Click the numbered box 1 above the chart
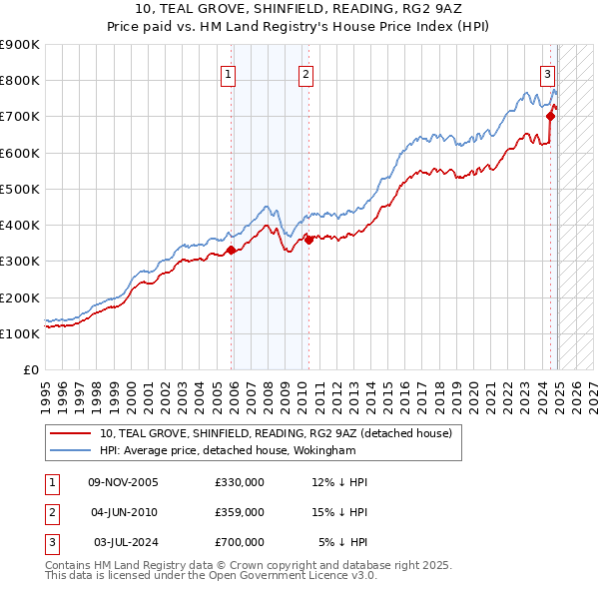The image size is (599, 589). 229,73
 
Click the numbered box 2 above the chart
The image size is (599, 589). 304,73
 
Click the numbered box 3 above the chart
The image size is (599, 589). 548,73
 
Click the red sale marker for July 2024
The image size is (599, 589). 551,116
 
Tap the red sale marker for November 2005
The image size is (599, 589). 232,251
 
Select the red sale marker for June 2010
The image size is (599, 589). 308,240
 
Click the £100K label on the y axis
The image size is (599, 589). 20,333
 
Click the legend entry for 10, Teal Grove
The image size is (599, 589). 276,433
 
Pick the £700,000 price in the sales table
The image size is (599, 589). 240,543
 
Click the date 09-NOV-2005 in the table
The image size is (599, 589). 124,482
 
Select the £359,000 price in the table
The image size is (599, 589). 240,512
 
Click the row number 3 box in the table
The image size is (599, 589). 49,543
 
